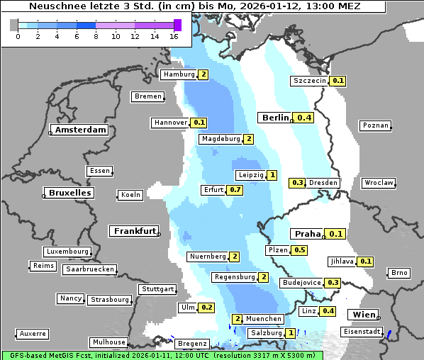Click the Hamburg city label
pyautogui.click(x=179, y=74)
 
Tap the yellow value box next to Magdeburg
pyautogui.click(x=248, y=139)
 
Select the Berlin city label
pyautogui.click(x=275, y=118)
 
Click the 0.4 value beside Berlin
pyautogui.click(x=305, y=118)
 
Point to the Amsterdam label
pyautogui.click(x=80, y=130)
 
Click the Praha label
pyautogui.click(x=308, y=234)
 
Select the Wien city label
pyautogui.click(x=361, y=315)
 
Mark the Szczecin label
pyautogui.click(x=310, y=81)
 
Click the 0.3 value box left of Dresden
pyautogui.click(x=298, y=183)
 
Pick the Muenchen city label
pyautogui.click(x=264, y=319)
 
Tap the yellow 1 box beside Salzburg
pyautogui.click(x=291, y=333)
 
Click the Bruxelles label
pyautogui.click(x=69, y=193)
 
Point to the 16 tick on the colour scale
pyautogui.click(x=174, y=35)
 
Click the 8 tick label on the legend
pyautogui.click(x=96, y=35)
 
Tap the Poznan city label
pyautogui.click(x=375, y=125)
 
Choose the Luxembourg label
pyautogui.click(x=67, y=252)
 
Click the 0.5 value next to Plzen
pyautogui.click(x=300, y=250)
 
